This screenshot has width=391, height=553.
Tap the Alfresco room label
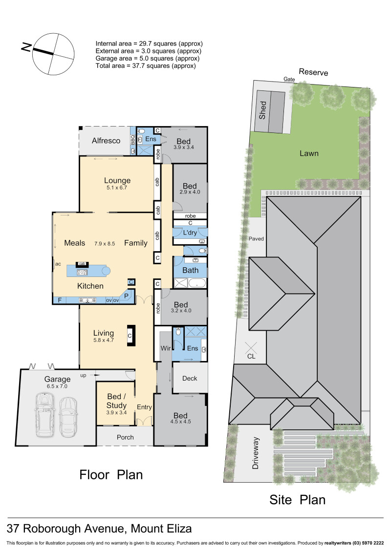pyautogui.click(x=106, y=141)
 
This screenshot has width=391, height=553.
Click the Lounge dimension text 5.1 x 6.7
pyautogui.click(x=117, y=187)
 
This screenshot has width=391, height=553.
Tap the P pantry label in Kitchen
pyautogui.click(x=126, y=296)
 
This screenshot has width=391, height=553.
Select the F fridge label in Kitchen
pyautogui.click(x=60, y=300)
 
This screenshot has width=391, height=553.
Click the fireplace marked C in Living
pyautogui.click(x=130, y=336)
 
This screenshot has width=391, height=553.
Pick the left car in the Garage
pyautogui.click(x=44, y=416)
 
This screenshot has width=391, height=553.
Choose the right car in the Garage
pyautogui.click(x=68, y=416)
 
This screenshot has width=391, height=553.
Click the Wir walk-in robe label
pyautogui.click(x=165, y=349)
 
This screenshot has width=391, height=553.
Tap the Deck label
pyautogui.click(x=190, y=378)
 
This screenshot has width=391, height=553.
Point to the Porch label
pyautogui.click(x=125, y=437)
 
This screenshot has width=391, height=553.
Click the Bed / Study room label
pyautogui.click(x=116, y=402)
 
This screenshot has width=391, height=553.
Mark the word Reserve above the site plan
pyautogui.click(x=313, y=72)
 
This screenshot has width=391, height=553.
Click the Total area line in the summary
pyautogui.click(x=146, y=65)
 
